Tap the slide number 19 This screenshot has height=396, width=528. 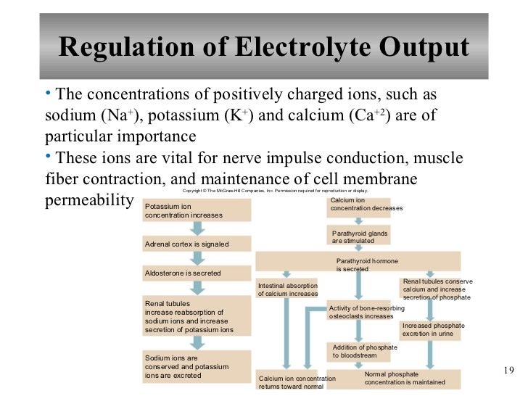click(x=508, y=371)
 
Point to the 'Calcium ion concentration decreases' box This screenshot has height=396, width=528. click(x=366, y=205)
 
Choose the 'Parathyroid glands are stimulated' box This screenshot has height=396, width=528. click(x=360, y=237)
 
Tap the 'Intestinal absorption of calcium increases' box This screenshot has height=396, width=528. click(x=287, y=289)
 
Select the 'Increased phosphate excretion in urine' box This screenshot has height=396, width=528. click(x=431, y=330)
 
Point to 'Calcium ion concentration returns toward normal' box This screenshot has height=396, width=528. click(x=298, y=381)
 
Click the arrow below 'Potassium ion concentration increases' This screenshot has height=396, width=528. click(x=196, y=228)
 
